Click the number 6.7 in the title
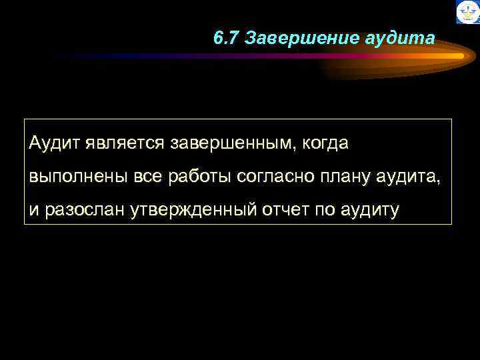pos(227,39)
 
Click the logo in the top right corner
pos(467,12)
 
